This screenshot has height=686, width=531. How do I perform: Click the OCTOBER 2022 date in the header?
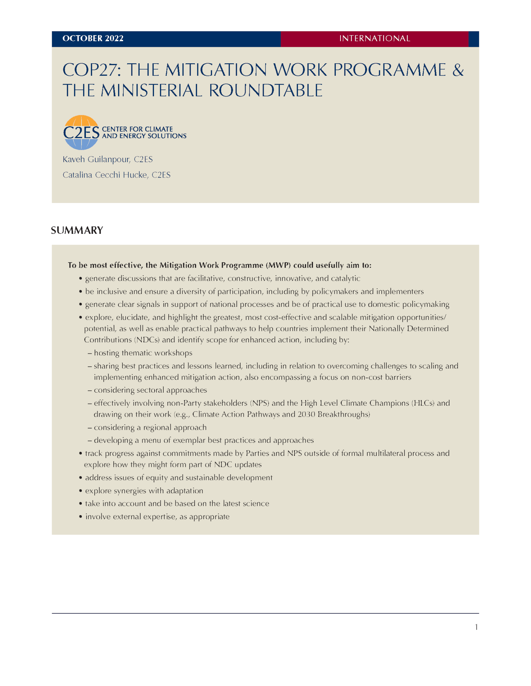point(93,39)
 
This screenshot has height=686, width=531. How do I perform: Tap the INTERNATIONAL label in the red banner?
point(374,39)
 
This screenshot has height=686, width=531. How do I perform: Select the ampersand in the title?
point(458,70)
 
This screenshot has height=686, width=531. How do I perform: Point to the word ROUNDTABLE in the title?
point(266,90)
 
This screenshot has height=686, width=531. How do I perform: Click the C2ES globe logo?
point(81,133)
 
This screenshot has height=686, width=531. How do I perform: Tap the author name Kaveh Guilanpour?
point(96,159)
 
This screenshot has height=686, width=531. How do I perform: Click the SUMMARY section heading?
point(77,230)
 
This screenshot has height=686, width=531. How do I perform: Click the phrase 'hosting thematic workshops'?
point(143,353)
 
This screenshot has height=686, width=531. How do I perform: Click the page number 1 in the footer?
point(476,627)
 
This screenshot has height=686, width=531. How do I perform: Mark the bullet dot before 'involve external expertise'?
point(81,517)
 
